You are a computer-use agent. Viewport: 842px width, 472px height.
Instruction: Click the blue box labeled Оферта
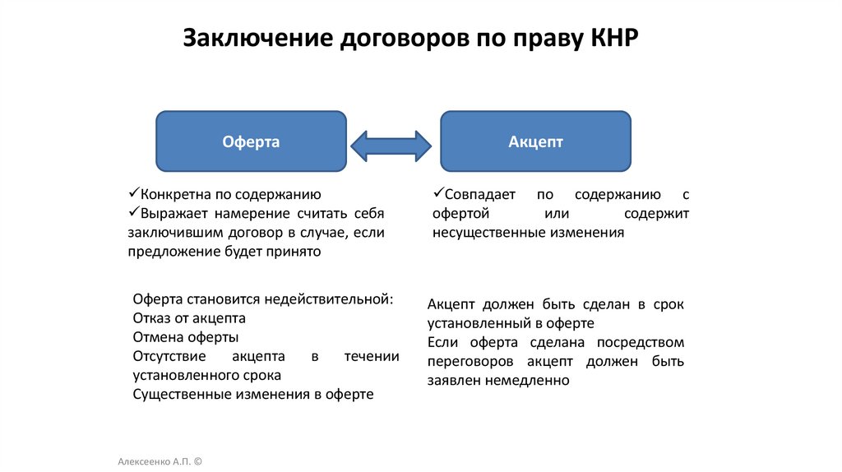tap(251, 142)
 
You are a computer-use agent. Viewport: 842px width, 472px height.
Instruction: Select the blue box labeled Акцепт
tap(535, 142)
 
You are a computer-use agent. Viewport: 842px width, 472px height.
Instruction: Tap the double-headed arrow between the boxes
tap(391, 145)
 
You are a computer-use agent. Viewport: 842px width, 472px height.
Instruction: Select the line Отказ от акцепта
tap(189, 318)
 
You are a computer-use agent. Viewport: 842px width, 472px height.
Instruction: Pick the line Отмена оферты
tap(185, 337)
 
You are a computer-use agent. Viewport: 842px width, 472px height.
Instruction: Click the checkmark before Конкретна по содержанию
tap(133, 194)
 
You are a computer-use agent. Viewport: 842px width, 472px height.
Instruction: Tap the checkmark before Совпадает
tap(437, 194)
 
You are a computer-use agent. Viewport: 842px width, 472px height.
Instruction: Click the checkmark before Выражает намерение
tap(133, 213)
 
